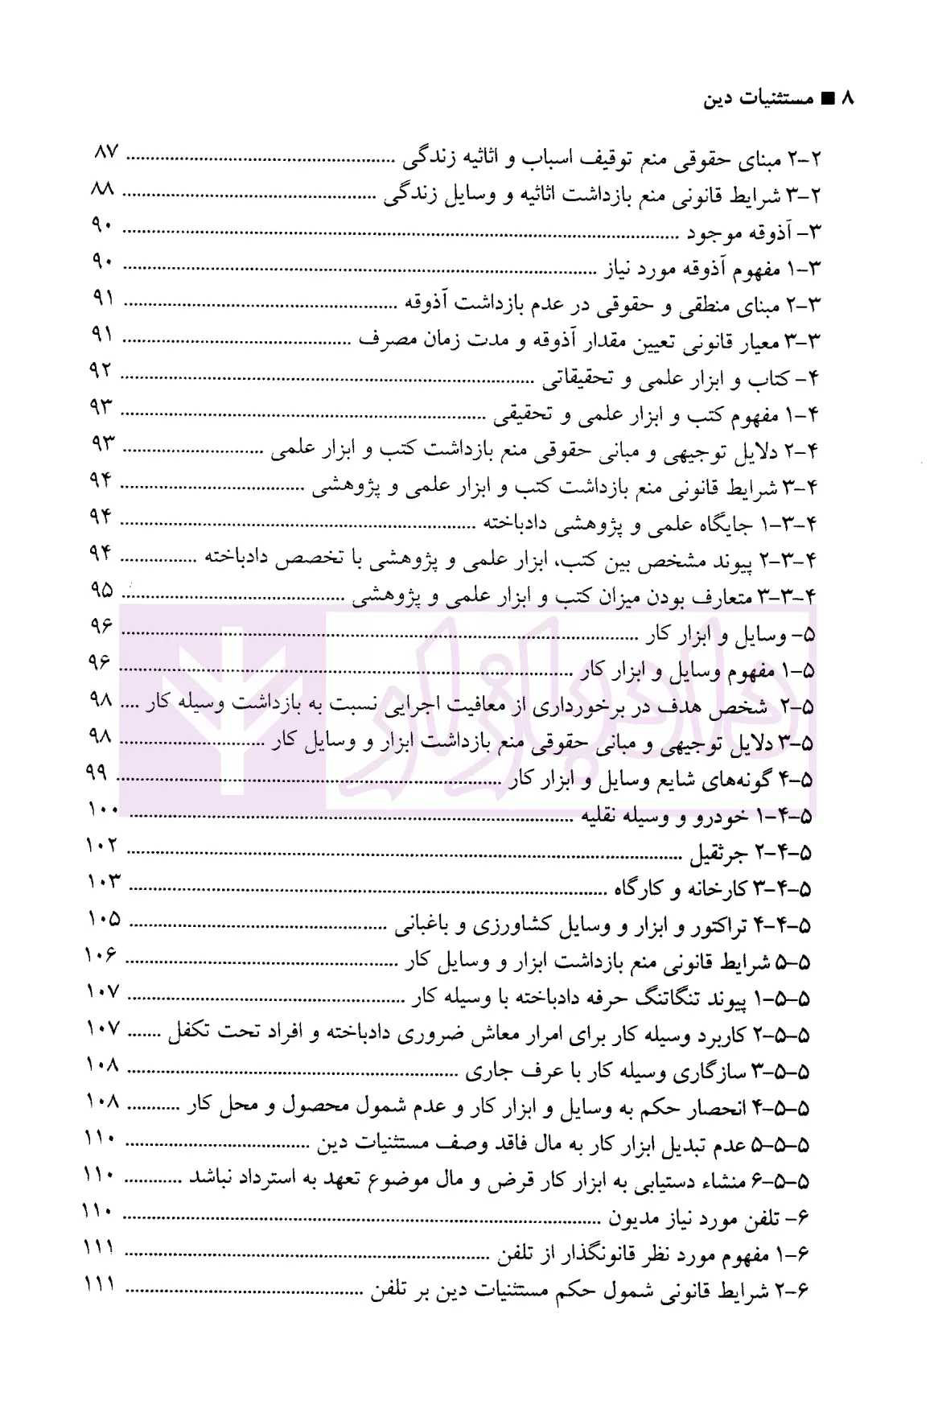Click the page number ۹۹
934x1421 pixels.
97,772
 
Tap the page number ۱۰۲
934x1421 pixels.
102,846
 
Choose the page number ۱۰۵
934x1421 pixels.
102,919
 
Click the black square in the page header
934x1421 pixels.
826,99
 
